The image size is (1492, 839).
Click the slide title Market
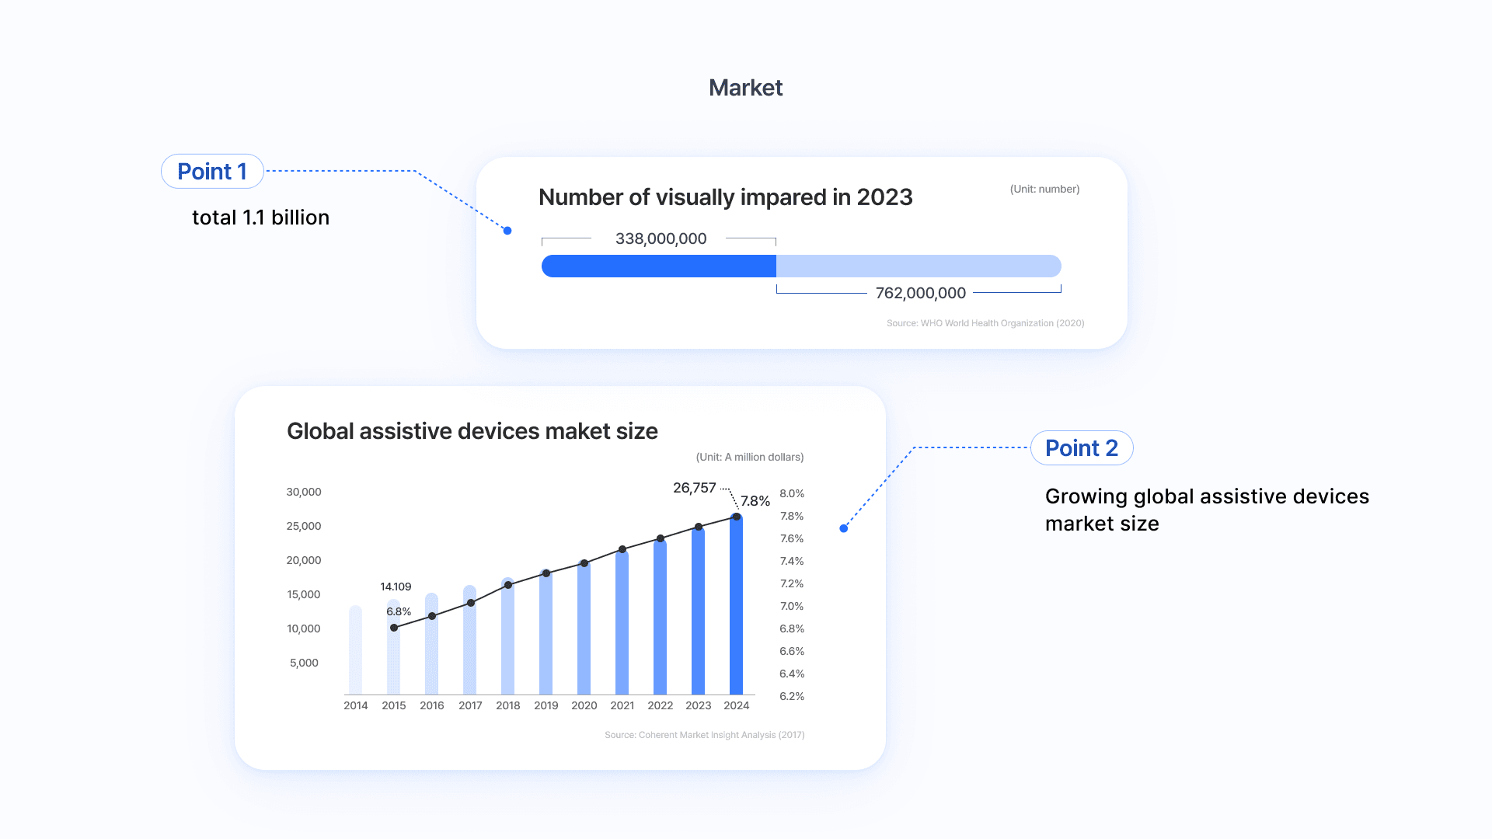pyautogui.click(x=745, y=88)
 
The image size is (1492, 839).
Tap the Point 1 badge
pyautogui.click(x=212, y=172)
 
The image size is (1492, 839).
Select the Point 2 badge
pyautogui.click(x=1081, y=448)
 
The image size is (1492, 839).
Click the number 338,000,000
pyautogui.click(x=661, y=239)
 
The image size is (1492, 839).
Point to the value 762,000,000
pyautogui.click(x=920, y=294)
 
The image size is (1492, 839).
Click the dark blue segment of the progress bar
pyautogui.click(x=658, y=266)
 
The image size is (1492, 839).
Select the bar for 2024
pyautogui.click(x=736, y=606)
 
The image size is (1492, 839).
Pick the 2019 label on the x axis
pyautogui.click(x=546, y=705)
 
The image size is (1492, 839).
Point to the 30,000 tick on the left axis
pyautogui.click(x=303, y=493)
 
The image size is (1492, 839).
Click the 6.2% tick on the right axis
pyautogui.click(x=792, y=697)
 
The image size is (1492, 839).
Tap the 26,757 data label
pyautogui.click(x=694, y=488)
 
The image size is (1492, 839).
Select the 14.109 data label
pyautogui.click(x=396, y=587)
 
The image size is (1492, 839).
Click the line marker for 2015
pyautogui.click(x=394, y=628)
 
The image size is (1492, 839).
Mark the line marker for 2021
pyautogui.click(x=622, y=549)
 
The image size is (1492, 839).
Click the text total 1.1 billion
pyautogui.click(x=260, y=218)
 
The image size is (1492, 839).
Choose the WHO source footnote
pyautogui.click(x=985, y=323)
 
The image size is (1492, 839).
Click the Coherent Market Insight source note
pyautogui.click(x=704, y=735)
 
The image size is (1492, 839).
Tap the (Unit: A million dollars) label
pyautogui.click(x=749, y=458)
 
